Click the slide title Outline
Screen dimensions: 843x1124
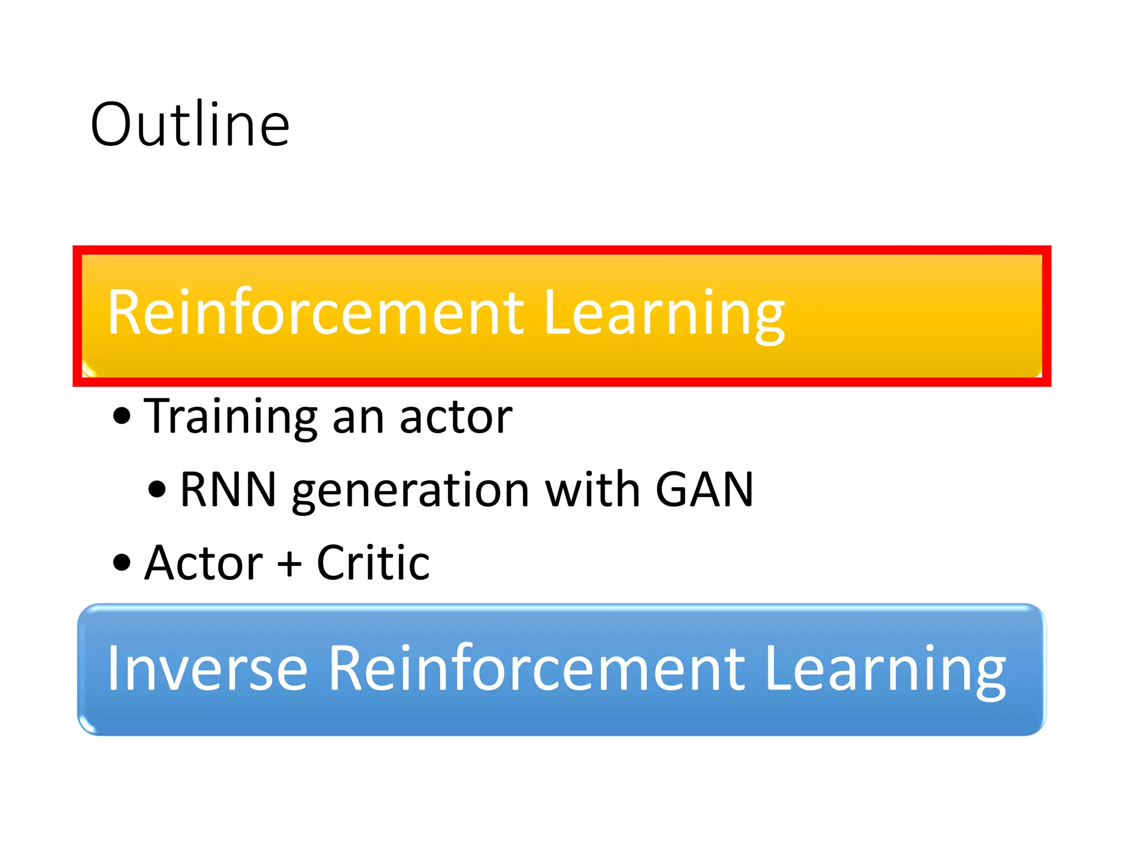tap(190, 125)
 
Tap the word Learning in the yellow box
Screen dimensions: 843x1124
tap(664, 314)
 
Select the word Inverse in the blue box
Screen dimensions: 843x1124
tap(207, 668)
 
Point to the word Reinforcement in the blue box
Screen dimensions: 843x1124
tap(536, 668)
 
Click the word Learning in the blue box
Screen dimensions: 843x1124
tap(885, 670)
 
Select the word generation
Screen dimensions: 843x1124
tap(411, 491)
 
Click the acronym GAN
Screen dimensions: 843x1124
tap(704, 490)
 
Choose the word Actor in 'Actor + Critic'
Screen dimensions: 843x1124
tap(204, 563)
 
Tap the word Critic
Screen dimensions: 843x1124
tap(373, 563)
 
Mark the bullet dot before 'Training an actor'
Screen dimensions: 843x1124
tap(122, 416)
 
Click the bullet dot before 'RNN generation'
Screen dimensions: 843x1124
tap(157, 489)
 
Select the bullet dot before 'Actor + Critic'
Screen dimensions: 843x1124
tap(122, 563)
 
